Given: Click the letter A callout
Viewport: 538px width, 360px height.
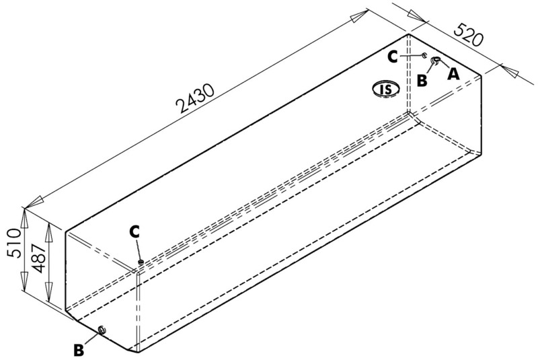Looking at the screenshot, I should pos(453,74).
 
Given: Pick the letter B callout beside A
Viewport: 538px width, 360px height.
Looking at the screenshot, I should pos(422,79).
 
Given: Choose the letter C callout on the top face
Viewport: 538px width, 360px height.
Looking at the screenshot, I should pos(393,57).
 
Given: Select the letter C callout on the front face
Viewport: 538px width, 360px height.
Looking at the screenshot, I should pos(134,231).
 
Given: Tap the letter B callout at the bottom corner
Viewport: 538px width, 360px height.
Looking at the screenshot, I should pos(79,350).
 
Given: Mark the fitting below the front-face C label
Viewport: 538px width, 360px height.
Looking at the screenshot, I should pos(141,262).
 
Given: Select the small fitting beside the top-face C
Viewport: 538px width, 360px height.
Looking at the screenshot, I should pos(425,56).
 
